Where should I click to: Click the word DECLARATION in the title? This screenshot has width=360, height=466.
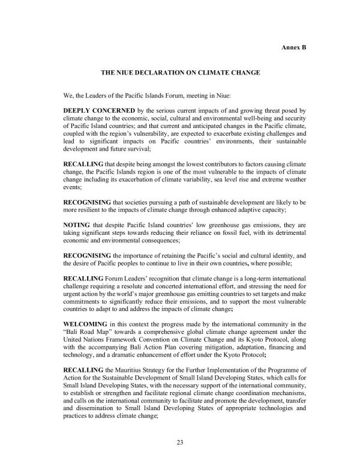coord(161,73)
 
